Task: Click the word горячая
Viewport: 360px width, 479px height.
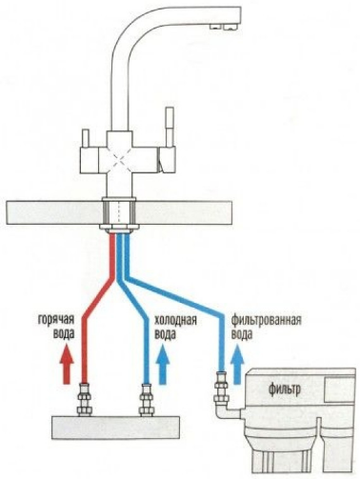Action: click(56, 320)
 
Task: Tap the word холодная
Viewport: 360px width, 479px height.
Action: click(175, 320)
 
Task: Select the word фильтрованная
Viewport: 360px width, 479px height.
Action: click(266, 320)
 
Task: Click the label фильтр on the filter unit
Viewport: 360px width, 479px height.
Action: click(285, 389)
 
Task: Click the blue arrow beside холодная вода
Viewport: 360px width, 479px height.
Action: click(164, 365)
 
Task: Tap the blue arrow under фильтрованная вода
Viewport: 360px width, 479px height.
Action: click(237, 365)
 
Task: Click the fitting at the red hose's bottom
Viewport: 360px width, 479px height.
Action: click(85, 400)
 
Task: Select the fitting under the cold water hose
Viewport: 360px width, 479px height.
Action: click(147, 400)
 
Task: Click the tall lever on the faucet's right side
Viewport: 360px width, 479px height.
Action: click(169, 127)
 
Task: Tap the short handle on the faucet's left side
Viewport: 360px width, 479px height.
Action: click(86, 138)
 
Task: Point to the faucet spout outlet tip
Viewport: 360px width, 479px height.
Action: click(224, 28)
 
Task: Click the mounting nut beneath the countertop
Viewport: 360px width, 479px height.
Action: click(119, 228)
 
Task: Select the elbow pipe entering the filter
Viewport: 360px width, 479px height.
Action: click(228, 411)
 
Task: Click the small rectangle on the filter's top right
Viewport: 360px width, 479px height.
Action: click(340, 389)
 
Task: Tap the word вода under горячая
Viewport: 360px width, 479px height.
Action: click(64, 334)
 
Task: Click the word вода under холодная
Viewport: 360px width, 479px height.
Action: click(165, 334)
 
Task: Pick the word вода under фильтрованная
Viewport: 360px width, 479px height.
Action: click(242, 334)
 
